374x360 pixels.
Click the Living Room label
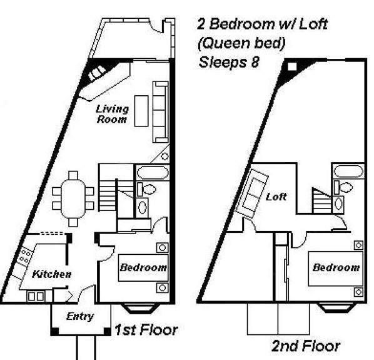[112, 114]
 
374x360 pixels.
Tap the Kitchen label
[51, 274]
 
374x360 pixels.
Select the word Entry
[80, 317]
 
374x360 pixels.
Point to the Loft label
[276, 197]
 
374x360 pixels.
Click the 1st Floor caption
[146, 330]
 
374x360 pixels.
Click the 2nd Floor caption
[306, 346]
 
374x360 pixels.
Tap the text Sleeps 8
[229, 63]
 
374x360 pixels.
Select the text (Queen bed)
[241, 43]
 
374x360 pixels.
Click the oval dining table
[73, 198]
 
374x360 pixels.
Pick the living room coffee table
[141, 111]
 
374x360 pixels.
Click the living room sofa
[161, 112]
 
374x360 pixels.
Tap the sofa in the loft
[252, 193]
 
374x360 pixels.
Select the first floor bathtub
[153, 173]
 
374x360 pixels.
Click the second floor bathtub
[348, 172]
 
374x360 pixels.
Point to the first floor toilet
[146, 189]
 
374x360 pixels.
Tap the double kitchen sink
[36, 296]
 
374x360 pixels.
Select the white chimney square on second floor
[292, 66]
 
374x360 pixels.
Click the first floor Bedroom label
[143, 267]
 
